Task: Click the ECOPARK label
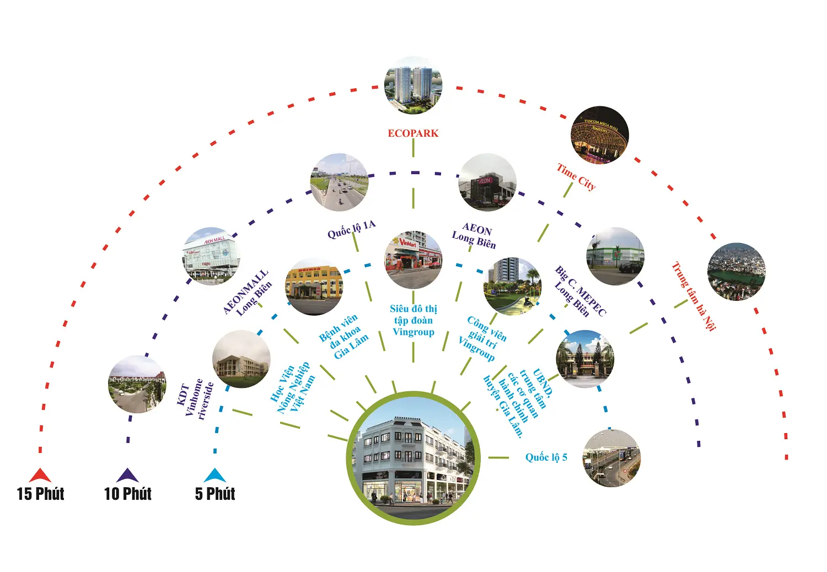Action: click(413, 133)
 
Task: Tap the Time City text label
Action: click(576, 177)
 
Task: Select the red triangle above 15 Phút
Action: click(40, 475)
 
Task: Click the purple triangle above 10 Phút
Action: click(127, 475)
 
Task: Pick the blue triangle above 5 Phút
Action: click(215, 475)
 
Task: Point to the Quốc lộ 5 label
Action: click(546, 457)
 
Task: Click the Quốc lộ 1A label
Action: click(351, 229)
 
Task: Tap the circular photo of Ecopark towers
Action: click(413, 85)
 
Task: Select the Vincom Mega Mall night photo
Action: click(600, 135)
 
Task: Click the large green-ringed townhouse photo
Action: click(413, 457)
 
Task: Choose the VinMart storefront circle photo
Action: click(413, 260)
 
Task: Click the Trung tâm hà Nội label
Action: click(694, 296)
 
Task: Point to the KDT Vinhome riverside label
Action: click(195, 399)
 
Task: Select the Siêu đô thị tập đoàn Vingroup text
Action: click(413, 320)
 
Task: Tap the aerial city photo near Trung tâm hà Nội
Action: click(736, 272)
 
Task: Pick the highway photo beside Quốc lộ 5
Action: click(611, 458)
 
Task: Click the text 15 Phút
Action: click(40, 494)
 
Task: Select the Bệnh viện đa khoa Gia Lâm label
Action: click(343, 336)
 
